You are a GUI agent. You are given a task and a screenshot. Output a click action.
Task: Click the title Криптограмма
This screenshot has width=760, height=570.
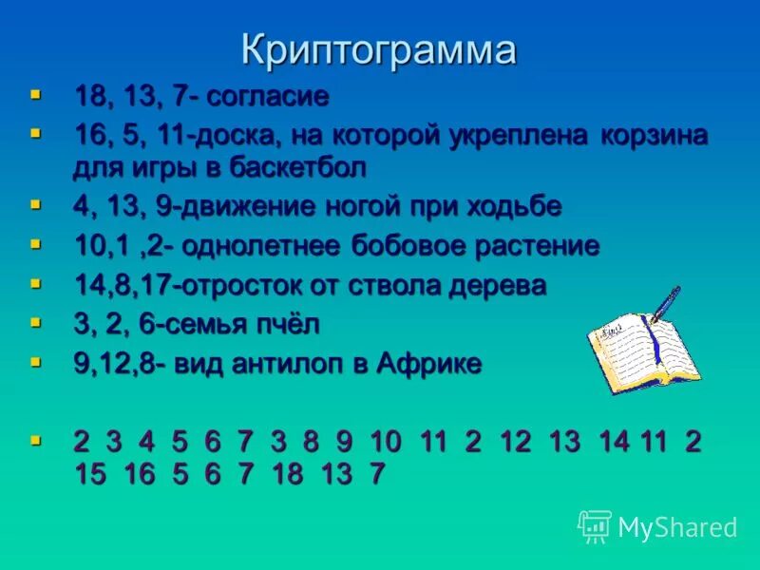click(x=379, y=49)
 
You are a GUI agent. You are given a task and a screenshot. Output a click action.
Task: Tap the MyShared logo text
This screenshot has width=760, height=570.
click(x=676, y=527)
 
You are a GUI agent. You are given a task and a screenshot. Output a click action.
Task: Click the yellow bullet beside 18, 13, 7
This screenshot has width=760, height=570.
click(x=36, y=95)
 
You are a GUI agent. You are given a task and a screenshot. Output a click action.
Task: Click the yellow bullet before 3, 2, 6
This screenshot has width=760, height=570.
click(x=36, y=324)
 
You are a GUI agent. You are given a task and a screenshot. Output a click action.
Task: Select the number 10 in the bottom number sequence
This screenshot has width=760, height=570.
click(x=387, y=443)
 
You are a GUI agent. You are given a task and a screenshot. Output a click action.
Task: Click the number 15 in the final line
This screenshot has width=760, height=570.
click(x=91, y=474)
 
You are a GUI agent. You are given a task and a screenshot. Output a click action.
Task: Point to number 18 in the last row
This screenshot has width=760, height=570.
click(x=288, y=474)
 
